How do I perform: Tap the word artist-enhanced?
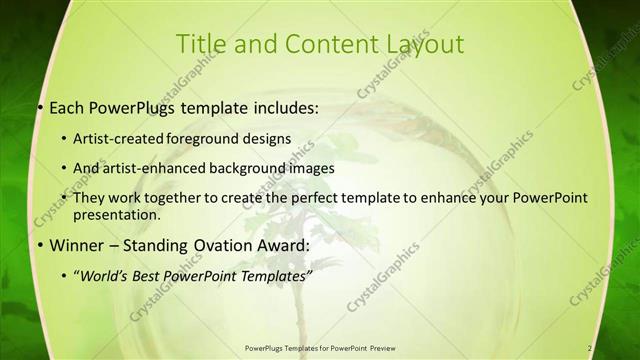click(x=168, y=168)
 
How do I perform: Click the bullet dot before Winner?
click(x=39, y=244)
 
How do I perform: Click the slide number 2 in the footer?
click(x=590, y=348)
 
